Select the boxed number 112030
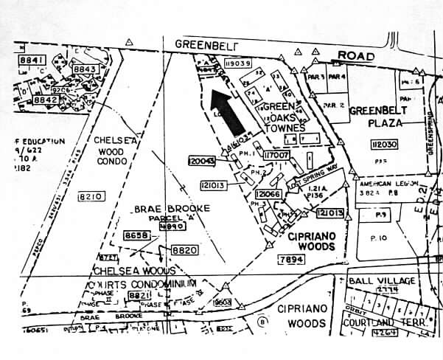coord(384,145)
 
